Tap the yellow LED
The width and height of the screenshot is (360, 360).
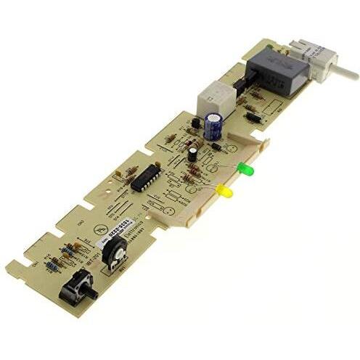click(225, 192)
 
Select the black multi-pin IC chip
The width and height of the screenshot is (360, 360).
click(145, 177)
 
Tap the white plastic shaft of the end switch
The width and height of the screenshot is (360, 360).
click(344, 71)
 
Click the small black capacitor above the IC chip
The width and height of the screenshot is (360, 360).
click(192, 153)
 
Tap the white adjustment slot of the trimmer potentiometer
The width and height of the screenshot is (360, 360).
click(114, 252)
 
